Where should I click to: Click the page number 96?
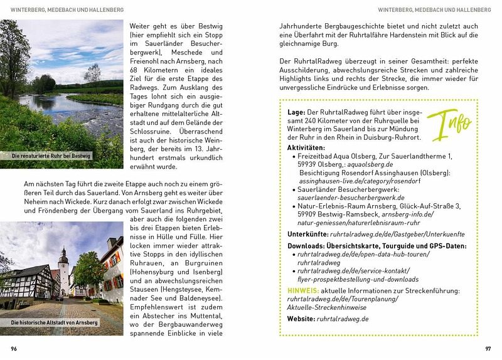14,348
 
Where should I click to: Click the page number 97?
488,348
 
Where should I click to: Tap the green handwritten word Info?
451,123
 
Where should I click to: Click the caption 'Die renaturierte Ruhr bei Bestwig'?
51,156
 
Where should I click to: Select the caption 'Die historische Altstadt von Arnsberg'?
55,322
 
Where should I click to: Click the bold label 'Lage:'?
297,112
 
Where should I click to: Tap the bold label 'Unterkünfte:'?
311,233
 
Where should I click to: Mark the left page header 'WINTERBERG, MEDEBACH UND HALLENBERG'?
67,10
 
